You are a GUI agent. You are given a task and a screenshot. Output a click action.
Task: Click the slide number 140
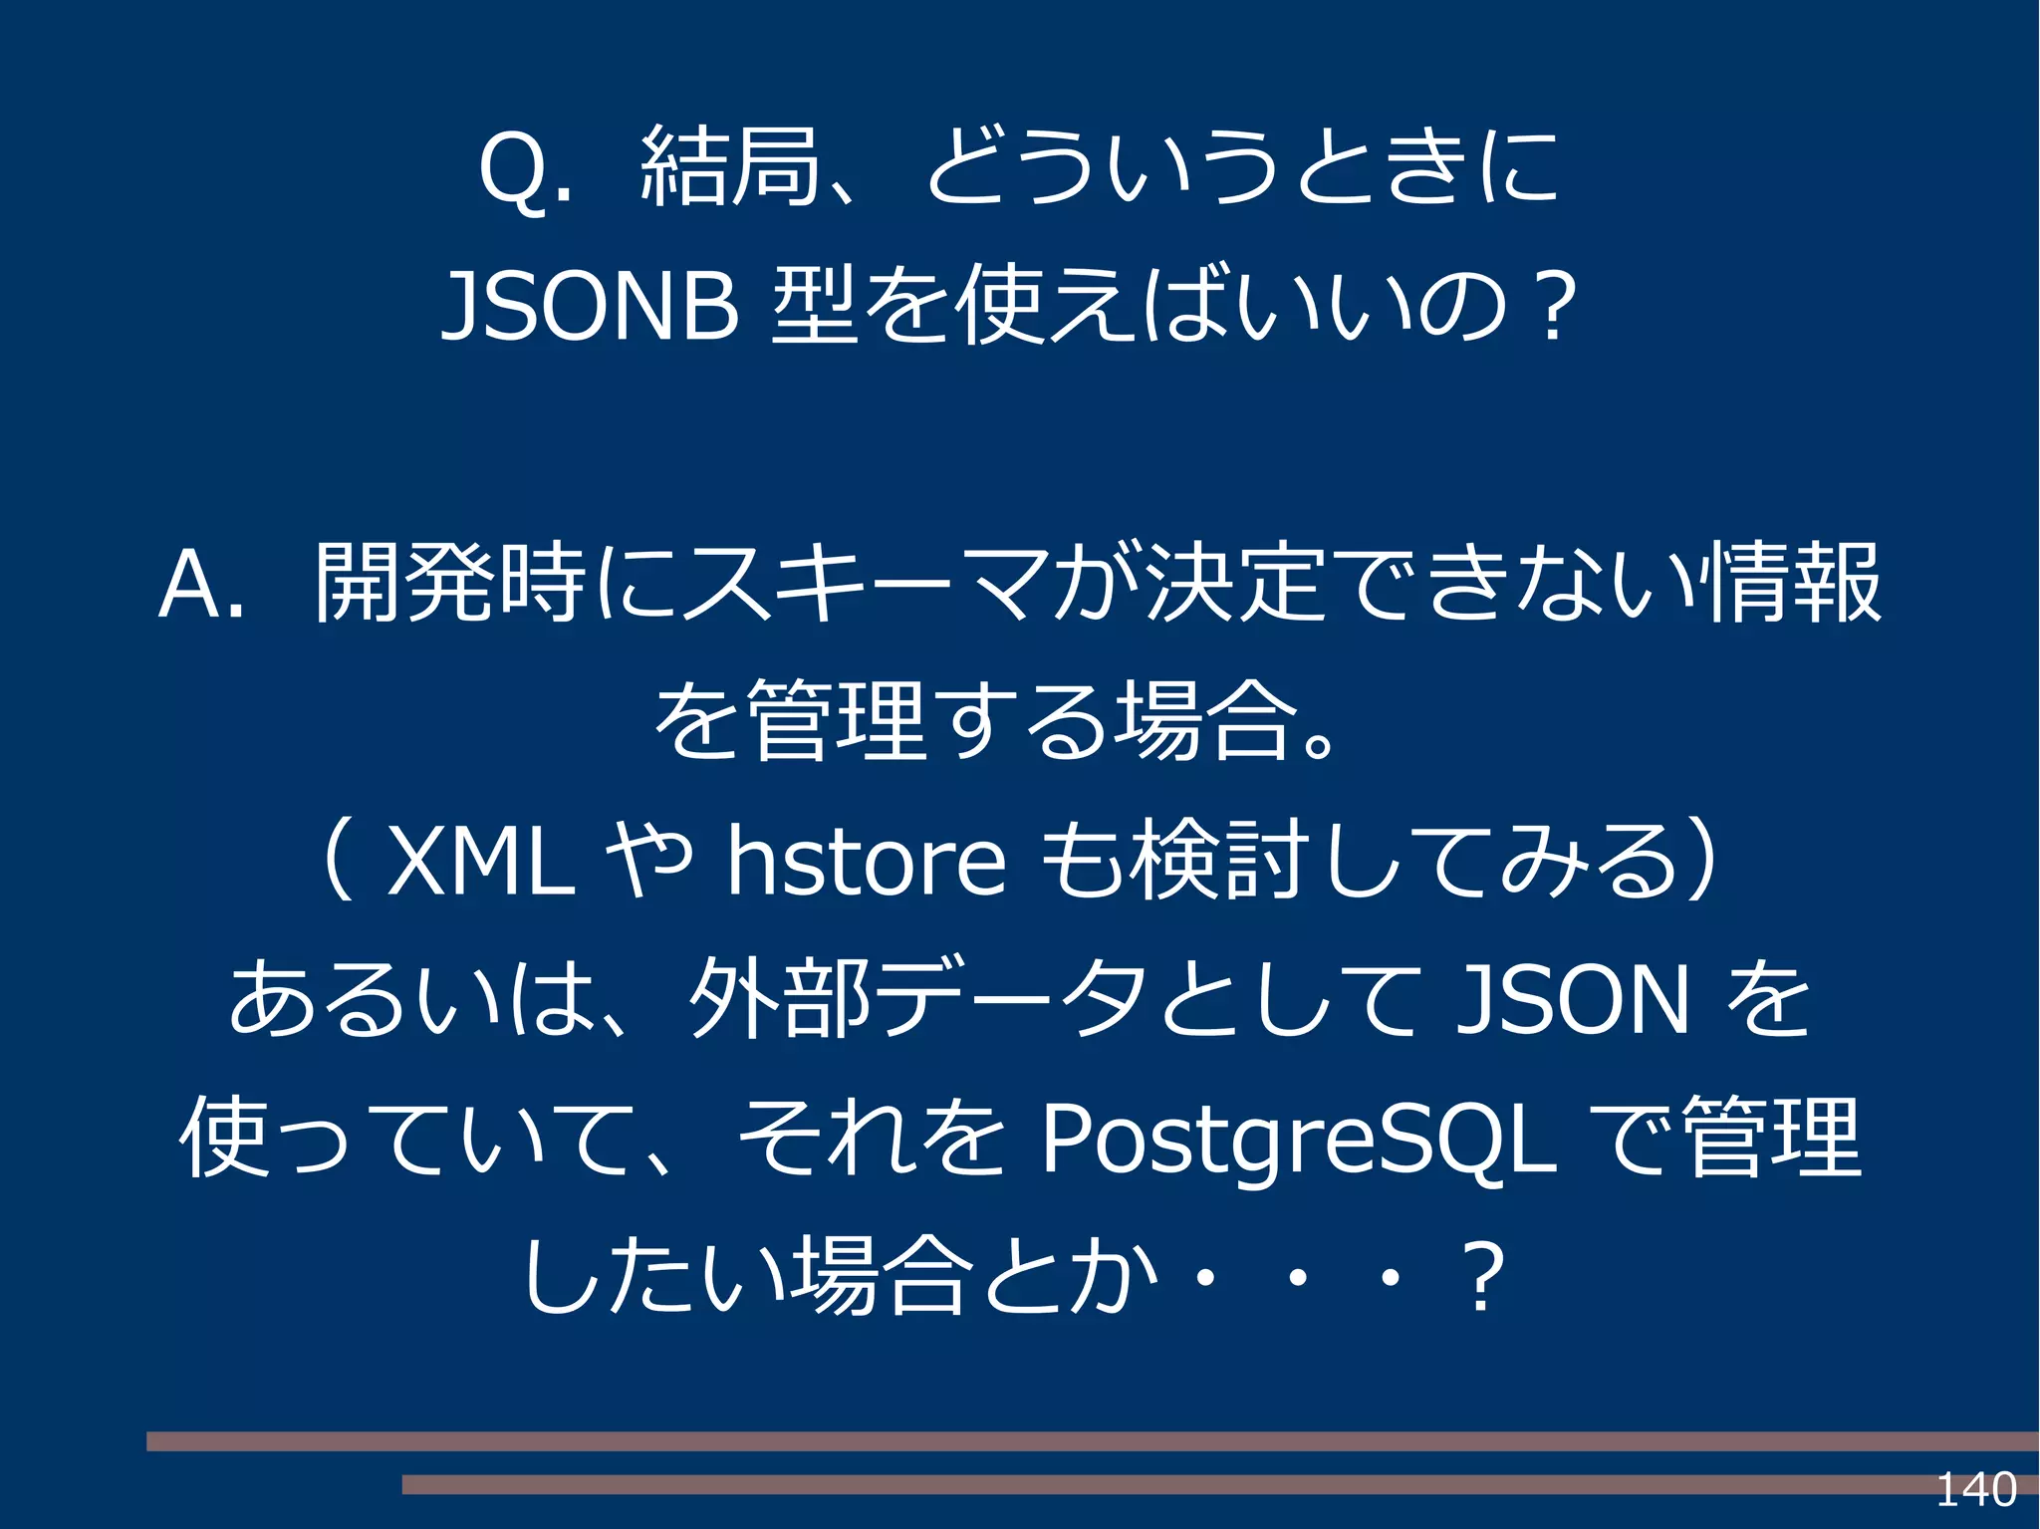click(x=1975, y=1489)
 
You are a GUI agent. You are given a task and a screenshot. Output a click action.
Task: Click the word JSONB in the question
click(x=590, y=307)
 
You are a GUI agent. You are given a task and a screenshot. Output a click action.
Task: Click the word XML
click(x=480, y=861)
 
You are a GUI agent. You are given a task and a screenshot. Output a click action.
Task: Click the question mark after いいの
click(x=1555, y=307)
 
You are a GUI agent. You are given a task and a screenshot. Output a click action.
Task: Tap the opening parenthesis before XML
click(x=339, y=861)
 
